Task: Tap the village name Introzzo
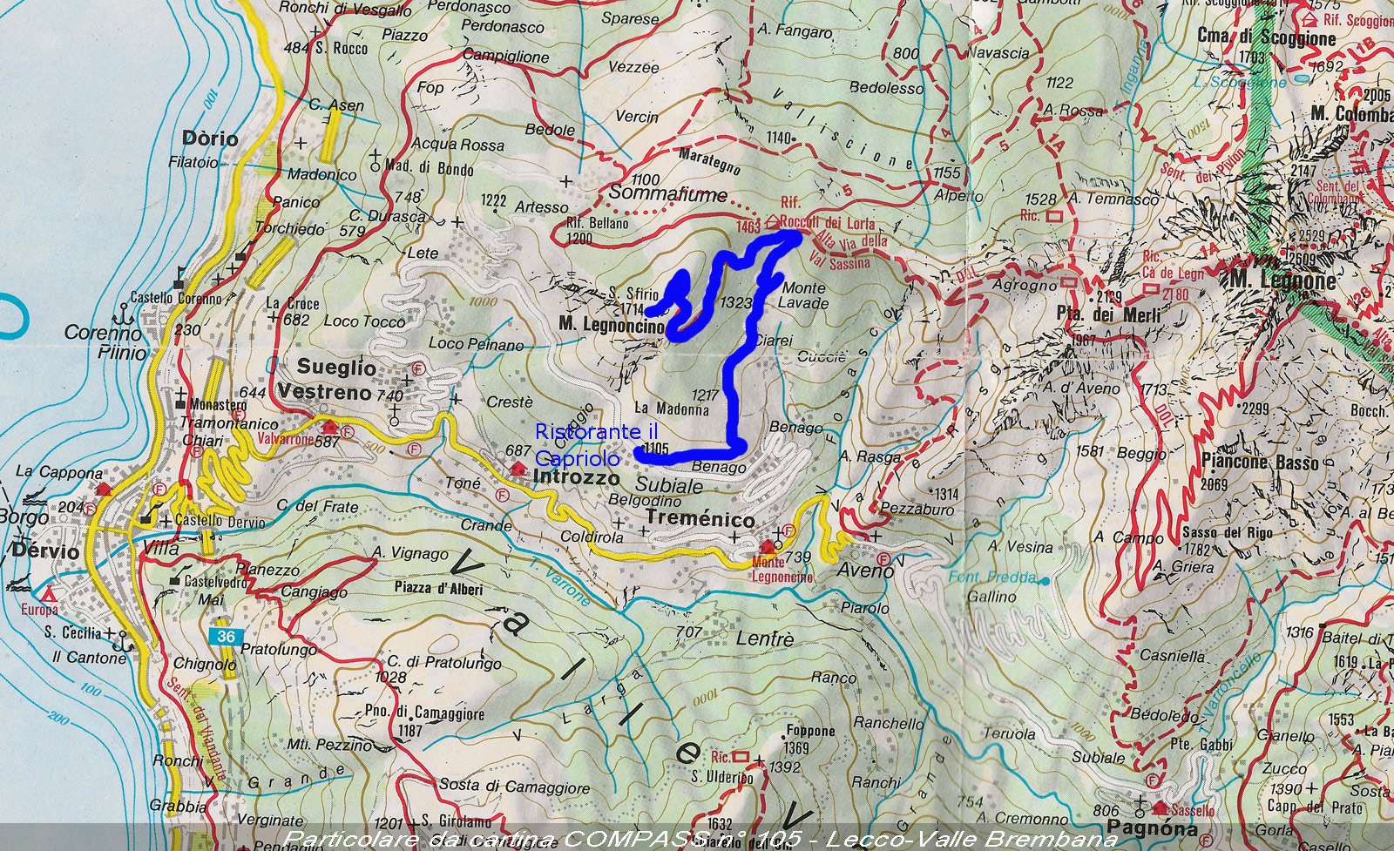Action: (576, 477)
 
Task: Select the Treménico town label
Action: (700, 519)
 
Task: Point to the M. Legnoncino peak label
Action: (612, 325)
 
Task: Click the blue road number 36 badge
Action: (226, 636)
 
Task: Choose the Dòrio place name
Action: (210, 138)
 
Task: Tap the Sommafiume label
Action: (667, 192)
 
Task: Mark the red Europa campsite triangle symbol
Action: (50, 595)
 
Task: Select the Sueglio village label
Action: (336, 367)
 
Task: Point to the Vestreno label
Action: (325, 392)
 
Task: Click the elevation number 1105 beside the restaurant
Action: (653, 449)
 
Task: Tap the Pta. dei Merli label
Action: (1109, 314)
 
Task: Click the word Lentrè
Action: (764, 639)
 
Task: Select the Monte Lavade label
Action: (804, 295)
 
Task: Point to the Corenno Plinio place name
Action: (105, 341)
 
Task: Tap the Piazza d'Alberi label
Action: (438, 588)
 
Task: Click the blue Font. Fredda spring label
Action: (992, 577)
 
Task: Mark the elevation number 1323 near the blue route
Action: (736, 302)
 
